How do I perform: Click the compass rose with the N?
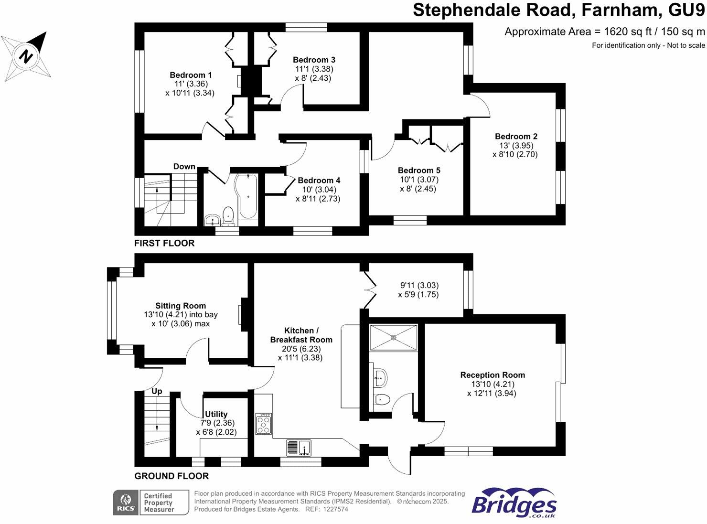click(x=26, y=56)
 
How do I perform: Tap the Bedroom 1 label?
click(x=191, y=75)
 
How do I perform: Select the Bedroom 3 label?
click(x=314, y=60)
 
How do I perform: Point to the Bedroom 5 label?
click(x=419, y=171)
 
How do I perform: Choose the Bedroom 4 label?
click(x=319, y=181)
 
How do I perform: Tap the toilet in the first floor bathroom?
click(x=228, y=215)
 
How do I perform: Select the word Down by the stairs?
click(x=184, y=167)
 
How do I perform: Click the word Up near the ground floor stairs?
click(x=157, y=391)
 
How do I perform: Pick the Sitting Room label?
click(x=181, y=306)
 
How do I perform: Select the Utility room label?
click(x=216, y=414)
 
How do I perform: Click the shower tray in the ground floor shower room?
click(x=394, y=338)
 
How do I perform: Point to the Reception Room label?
click(x=493, y=375)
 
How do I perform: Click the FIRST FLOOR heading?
click(x=164, y=243)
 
